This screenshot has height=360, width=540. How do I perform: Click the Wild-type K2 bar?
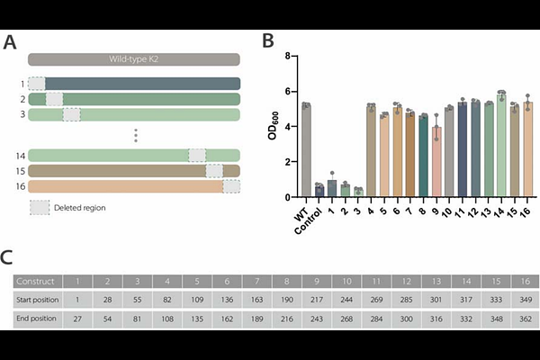[x=133, y=59]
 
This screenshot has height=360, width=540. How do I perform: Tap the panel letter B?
[x=268, y=40]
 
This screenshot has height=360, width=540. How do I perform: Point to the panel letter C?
[x=7, y=258]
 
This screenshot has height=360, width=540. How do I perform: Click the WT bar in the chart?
[x=306, y=150]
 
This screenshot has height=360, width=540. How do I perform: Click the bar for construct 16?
[x=528, y=150]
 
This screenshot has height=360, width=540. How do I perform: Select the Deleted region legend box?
[x=39, y=207]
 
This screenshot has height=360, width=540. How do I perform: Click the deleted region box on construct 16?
[x=231, y=186]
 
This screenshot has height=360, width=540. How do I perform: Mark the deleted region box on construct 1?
[x=37, y=84]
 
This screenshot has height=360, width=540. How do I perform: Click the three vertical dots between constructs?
[x=135, y=135]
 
